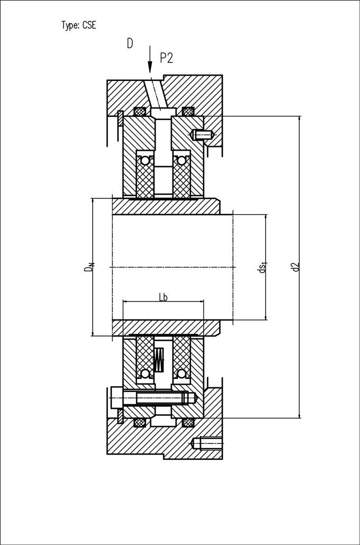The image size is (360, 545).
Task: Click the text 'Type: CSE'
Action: coord(78,25)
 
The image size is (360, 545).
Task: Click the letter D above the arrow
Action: coord(130,44)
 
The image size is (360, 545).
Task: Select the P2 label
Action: coord(166,58)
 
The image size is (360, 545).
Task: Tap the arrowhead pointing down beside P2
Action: coord(150,67)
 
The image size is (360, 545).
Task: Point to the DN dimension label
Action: coord(89,267)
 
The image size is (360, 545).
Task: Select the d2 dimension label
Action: coord(295,267)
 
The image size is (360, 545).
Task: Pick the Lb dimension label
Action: coord(163,297)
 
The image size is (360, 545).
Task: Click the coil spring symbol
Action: coord(159,360)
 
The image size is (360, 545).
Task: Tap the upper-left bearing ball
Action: coord(145,160)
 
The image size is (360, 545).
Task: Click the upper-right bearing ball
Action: coord(182,160)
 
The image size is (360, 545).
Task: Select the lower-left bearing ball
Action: coord(145,374)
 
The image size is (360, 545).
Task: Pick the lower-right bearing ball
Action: coord(182,374)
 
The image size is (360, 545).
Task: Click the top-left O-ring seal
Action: coord(140,112)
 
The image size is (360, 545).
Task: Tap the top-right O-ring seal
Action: coord(188,112)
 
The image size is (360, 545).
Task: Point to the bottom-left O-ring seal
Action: coord(140,422)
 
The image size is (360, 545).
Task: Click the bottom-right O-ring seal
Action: coord(188,422)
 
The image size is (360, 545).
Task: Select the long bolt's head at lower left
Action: coord(117,397)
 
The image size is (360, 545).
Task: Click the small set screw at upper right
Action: coord(201,134)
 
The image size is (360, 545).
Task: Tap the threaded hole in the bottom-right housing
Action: coord(208,443)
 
